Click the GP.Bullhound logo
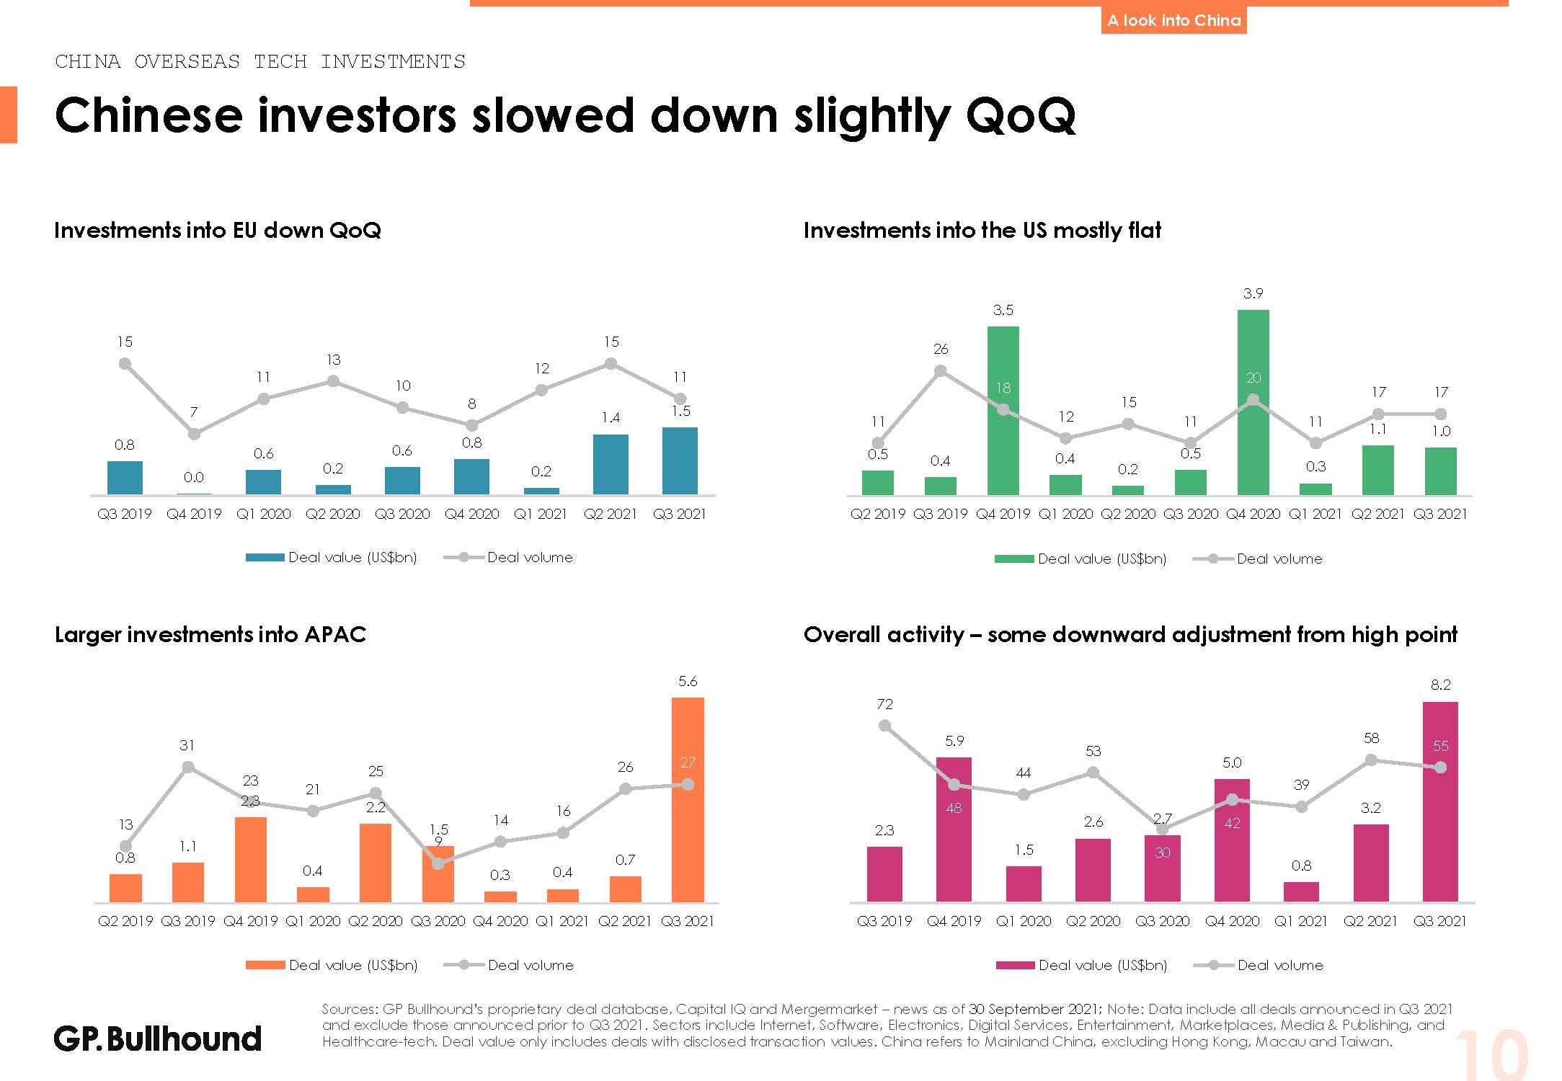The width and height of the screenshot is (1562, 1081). [157, 1038]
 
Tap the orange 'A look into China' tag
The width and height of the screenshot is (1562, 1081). [1173, 20]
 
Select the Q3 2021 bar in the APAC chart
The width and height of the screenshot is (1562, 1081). [688, 800]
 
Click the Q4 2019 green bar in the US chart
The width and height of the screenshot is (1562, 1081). [1003, 411]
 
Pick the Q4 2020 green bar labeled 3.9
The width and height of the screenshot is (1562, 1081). [1253, 402]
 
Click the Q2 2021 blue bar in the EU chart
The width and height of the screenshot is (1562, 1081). [611, 464]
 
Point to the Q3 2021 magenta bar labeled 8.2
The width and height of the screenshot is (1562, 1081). [1439, 801]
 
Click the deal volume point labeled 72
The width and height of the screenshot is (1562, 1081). [885, 726]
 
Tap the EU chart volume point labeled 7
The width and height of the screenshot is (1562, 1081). [194, 434]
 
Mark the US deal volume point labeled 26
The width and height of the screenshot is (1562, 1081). [940, 371]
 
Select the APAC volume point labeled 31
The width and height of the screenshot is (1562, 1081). [188, 768]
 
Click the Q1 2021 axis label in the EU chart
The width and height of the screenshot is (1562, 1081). [541, 515]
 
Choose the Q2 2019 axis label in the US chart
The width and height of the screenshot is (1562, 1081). [877, 515]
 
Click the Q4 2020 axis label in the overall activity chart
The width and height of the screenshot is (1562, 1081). [1232, 921]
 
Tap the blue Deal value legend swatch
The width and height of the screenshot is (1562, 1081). [265, 558]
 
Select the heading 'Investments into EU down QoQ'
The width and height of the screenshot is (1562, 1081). [217, 231]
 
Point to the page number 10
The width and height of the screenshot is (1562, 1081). [1491, 1055]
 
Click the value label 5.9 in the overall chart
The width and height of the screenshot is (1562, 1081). [954, 741]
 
